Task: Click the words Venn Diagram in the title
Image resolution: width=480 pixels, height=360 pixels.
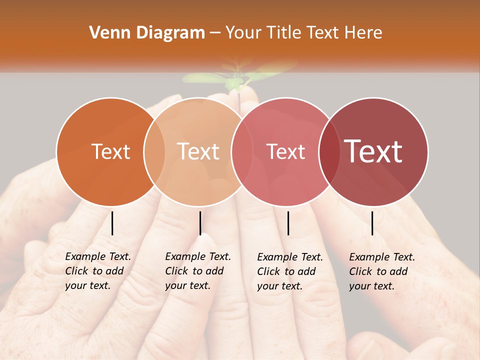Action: coord(147,33)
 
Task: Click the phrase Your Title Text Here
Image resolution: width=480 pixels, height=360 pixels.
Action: coord(304,33)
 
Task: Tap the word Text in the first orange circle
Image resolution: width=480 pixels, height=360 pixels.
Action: coord(110,151)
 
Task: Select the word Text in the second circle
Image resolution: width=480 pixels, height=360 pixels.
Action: coord(198,151)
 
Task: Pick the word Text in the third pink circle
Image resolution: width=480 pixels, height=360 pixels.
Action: coord(285,151)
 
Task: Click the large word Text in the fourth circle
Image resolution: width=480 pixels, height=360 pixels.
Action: coord(373,151)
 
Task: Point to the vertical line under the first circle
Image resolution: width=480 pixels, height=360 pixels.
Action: coord(112,223)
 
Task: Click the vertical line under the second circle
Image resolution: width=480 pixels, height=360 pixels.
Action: coord(200,223)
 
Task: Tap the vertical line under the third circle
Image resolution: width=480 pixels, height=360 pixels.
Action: coord(288,223)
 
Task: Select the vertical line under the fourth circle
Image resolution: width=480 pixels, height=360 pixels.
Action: coord(372,223)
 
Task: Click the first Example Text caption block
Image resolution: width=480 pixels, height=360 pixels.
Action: coord(97,271)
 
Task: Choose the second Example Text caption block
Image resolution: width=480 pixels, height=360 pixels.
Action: coord(197,271)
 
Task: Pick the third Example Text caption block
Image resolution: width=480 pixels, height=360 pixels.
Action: coord(290,271)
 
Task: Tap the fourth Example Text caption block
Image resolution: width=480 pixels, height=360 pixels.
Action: coord(381,271)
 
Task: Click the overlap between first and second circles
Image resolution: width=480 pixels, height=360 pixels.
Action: coord(154,151)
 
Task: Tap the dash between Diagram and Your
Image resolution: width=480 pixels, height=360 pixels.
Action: coord(215,33)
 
